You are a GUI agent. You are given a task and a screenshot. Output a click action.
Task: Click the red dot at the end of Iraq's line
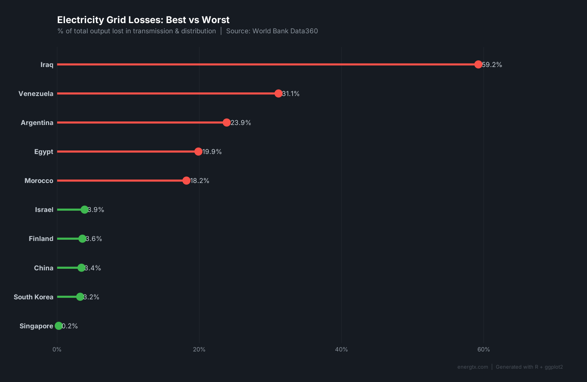[x=478, y=65]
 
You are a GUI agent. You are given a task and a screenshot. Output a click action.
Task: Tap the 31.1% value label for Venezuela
[x=291, y=94]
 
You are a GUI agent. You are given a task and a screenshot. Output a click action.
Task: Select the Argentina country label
[x=37, y=123]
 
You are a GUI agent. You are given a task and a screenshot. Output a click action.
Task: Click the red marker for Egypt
[x=198, y=152]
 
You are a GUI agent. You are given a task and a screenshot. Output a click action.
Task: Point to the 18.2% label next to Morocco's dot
[x=200, y=181]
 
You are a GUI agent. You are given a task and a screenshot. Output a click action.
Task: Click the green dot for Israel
[x=85, y=210]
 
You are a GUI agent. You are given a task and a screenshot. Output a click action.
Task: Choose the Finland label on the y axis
[x=41, y=239]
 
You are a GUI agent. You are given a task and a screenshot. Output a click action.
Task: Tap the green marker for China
[x=81, y=268]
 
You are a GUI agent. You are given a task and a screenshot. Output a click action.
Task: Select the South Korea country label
[x=33, y=297]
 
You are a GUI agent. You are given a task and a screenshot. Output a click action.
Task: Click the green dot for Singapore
[x=59, y=326]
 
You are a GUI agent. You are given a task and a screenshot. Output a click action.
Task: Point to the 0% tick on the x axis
[x=57, y=349]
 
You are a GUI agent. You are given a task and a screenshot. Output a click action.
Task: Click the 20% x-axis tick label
[x=199, y=349]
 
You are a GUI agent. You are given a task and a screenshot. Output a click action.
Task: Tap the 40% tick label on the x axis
[x=341, y=349]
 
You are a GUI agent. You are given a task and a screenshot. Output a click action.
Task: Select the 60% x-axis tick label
[x=483, y=349]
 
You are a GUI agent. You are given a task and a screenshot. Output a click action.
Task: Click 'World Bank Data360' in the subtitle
[x=285, y=31]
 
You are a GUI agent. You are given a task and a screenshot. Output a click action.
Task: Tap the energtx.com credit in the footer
[x=473, y=367]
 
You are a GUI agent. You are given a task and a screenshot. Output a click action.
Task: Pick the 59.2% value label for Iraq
[x=492, y=65]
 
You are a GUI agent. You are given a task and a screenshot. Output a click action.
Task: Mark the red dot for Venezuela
[x=278, y=94]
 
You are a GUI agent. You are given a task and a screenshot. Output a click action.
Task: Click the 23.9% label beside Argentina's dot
[x=241, y=123]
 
